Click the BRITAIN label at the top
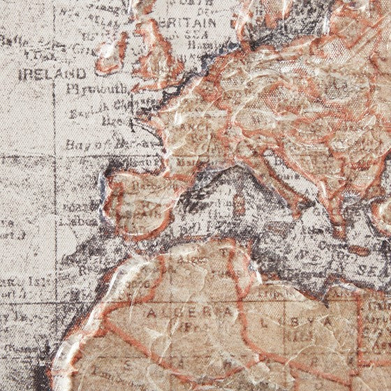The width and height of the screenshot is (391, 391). pyautogui.click(x=185, y=22)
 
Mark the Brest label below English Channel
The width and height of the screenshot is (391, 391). pyautogui.click(x=112, y=121)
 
